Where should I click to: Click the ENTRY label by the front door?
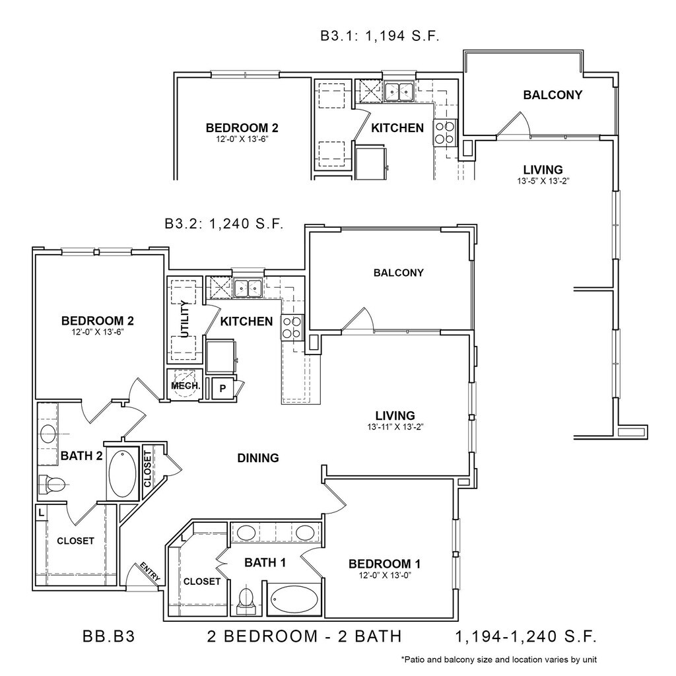pos(149,572)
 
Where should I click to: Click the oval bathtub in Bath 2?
pos(122,473)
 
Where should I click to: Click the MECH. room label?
pos(181,386)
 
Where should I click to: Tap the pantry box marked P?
pos(222,388)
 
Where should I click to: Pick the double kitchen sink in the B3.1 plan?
pos(399,91)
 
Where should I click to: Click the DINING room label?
pos(258,457)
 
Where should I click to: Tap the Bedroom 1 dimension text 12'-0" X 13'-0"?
pos(384,575)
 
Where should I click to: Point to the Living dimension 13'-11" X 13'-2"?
pos(395,426)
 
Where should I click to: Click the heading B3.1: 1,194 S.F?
pos(380,37)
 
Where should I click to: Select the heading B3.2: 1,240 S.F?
pos(224,223)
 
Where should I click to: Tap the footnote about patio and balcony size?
pos(498,659)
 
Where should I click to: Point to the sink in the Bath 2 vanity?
pos(48,434)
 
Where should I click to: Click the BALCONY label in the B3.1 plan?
pos(553,95)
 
